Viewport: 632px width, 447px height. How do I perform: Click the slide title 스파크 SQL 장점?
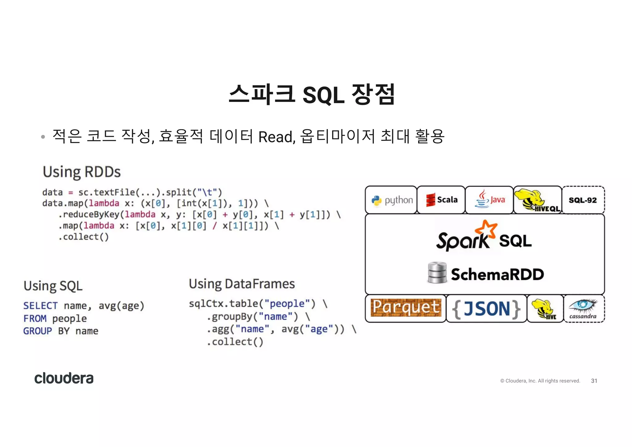(x=312, y=94)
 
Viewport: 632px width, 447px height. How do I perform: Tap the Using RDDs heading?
(x=82, y=172)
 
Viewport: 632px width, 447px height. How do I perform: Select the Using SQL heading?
(x=53, y=286)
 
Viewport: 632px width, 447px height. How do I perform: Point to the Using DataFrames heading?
(x=242, y=284)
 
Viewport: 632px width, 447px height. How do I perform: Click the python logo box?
(x=391, y=200)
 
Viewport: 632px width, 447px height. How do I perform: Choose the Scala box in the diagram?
(x=441, y=200)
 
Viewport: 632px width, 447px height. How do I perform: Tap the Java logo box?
(x=489, y=200)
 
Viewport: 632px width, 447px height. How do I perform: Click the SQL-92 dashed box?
(x=583, y=200)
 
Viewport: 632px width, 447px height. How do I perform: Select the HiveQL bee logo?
(x=537, y=200)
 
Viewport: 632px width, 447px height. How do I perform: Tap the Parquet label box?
(x=406, y=308)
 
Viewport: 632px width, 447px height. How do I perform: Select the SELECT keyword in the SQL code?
(x=40, y=306)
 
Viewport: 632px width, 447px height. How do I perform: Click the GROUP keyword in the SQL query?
(x=38, y=331)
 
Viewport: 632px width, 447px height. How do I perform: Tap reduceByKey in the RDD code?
(x=91, y=214)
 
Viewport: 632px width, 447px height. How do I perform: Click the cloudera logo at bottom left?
(x=64, y=378)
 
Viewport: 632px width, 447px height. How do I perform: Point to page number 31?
(x=594, y=381)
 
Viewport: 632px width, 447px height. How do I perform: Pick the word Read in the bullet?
(x=275, y=137)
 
